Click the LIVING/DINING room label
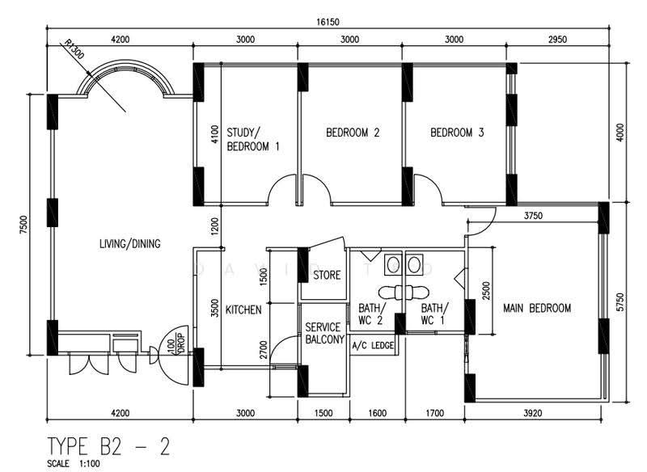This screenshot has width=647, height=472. (129, 243)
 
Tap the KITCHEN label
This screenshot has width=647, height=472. (243, 310)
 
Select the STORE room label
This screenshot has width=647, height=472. (327, 275)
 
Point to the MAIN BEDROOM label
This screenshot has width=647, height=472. (537, 308)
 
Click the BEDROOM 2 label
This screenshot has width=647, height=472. (353, 133)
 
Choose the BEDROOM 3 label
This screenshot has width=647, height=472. (457, 133)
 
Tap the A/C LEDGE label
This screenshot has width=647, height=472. (373, 345)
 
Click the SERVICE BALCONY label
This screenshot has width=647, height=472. (325, 333)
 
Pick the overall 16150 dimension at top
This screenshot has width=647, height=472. (328, 22)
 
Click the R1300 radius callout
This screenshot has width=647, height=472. (74, 49)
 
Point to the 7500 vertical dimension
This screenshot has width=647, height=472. (23, 225)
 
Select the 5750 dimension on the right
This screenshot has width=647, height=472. (620, 302)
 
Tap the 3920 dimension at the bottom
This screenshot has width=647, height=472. (533, 413)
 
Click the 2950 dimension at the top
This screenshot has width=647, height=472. (557, 40)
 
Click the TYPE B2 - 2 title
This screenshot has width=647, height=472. (108, 446)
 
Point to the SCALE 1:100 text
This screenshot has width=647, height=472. (74, 464)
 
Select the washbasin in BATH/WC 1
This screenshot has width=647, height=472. (414, 264)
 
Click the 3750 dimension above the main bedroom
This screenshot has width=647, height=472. (533, 216)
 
